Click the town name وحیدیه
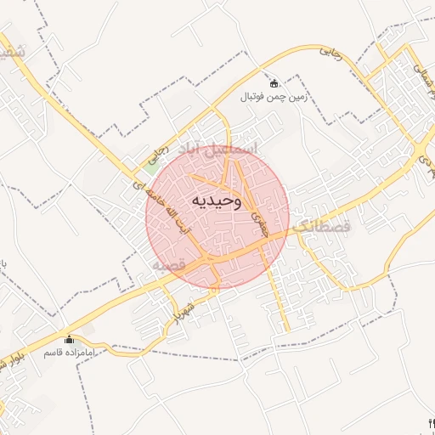click(217, 201)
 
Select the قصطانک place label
click(321, 228)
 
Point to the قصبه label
click(168, 265)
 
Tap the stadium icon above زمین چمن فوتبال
click(274, 83)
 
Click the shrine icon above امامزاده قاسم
click(69, 338)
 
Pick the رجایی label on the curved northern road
click(330, 53)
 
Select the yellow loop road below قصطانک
click(357, 280)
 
